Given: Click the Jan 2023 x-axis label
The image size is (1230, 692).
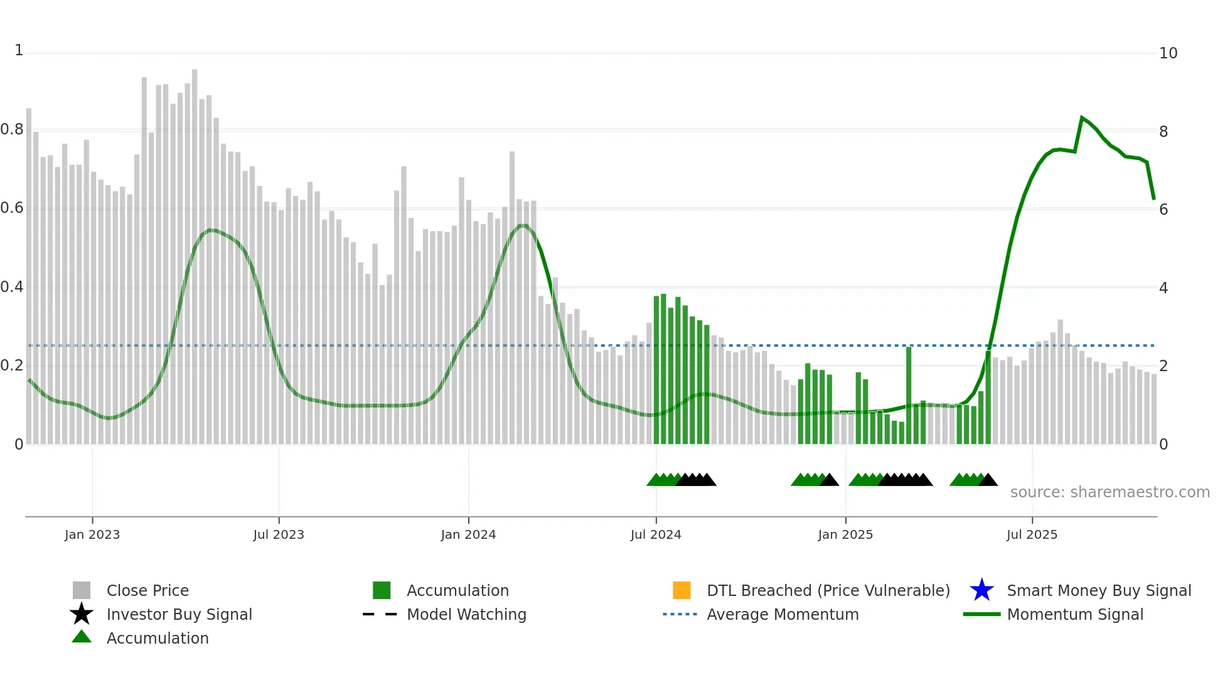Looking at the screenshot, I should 92,534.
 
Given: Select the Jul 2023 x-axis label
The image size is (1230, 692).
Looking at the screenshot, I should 279,534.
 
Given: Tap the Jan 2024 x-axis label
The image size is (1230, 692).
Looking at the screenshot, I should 468,534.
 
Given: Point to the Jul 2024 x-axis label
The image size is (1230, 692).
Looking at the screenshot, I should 656,534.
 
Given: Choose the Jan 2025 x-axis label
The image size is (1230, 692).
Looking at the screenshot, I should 845,534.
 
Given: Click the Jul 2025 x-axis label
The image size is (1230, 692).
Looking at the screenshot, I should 1032,534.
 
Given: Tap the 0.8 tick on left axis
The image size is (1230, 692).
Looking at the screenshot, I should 12,129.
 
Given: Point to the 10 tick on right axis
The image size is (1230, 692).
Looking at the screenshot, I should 1168,53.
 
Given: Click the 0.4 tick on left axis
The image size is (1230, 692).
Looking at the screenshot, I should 12,287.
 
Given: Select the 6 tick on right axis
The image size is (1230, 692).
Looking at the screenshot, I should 1163,210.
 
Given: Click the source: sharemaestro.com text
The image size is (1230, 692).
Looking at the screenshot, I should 1110,492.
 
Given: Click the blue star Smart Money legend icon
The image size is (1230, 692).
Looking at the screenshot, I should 981,590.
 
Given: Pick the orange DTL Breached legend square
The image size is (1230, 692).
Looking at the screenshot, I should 682,590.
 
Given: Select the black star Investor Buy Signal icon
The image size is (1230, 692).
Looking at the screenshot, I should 82,614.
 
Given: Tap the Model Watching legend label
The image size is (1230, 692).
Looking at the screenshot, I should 466,614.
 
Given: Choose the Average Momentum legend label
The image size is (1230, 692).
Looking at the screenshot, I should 783,614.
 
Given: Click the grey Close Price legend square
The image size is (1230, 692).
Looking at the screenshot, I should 82,590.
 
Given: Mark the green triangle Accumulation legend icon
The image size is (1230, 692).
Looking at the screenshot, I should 82,637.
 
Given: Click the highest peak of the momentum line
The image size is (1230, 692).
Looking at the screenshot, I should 1082,117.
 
